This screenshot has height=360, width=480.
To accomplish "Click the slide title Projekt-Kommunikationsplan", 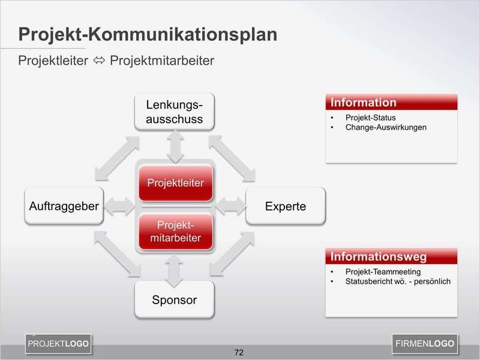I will point(148,35).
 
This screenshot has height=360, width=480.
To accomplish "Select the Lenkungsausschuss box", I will point(174,112).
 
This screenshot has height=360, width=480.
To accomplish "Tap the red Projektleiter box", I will point(175,183).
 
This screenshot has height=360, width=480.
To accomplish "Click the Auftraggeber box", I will point(64,206).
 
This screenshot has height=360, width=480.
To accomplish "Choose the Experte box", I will point(286,206).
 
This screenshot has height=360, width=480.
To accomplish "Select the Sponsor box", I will point(174,300).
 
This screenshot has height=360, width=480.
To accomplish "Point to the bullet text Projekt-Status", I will point(370,118).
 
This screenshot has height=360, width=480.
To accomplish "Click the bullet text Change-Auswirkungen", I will point(386,127).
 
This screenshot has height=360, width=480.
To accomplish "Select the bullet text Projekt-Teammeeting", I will point(383,272).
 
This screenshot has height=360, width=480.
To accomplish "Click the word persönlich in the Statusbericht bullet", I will point(431,281).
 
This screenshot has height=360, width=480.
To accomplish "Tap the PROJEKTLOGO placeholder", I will point(58,344).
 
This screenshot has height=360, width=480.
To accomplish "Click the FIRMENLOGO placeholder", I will point(425,344).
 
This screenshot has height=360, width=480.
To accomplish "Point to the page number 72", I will point(239,352).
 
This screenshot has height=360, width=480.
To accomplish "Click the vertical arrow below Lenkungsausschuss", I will point(175,146).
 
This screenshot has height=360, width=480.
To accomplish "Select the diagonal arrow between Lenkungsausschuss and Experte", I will point(231,157).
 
